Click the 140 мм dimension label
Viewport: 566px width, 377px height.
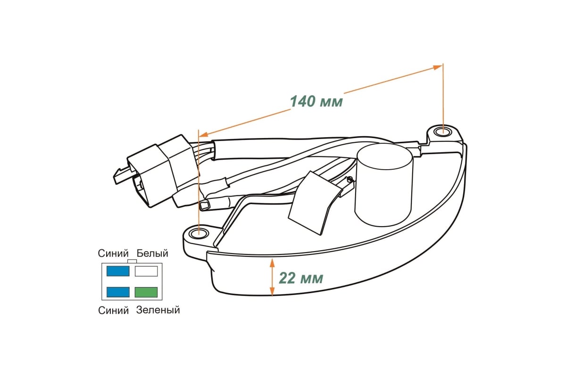(x=316, y=101)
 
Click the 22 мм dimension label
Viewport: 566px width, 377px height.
(x=301, y=278)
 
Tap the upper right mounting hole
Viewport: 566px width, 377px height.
(x=443, y=131)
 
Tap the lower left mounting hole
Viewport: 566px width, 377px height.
(x=199, y=234)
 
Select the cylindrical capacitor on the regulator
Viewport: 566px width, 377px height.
(x=383, y=185)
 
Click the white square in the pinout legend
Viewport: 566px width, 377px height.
(x=146, y=271)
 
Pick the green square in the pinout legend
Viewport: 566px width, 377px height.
(x=146, y=292)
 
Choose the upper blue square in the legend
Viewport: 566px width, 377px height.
(x=118, y=271)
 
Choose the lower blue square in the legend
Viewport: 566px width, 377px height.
(x=118, y=292)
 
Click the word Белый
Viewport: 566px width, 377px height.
(x=152, y=253)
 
